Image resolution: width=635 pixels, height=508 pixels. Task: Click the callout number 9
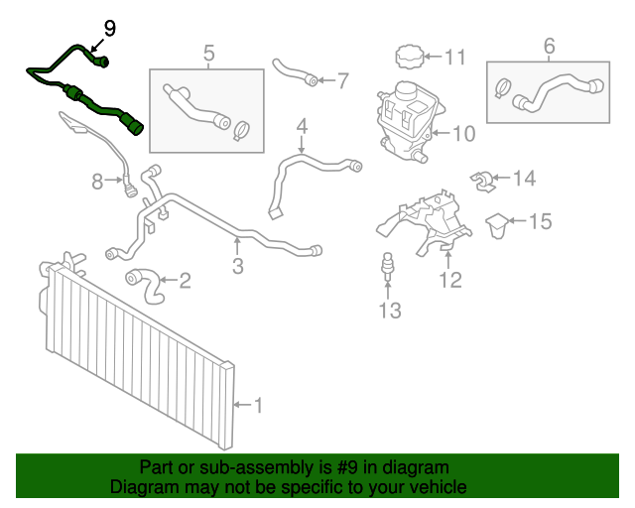click(109, 28)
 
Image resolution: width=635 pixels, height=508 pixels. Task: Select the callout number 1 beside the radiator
click(258, 405)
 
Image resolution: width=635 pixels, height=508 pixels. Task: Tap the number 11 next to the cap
click(454, 57)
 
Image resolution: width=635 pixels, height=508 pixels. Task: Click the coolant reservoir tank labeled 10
click(401, 119)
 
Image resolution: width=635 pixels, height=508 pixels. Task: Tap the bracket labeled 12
click(422, 223)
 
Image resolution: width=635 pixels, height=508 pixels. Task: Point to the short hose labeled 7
click(296, 72)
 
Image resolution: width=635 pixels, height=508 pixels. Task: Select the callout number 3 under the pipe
click(238, 266)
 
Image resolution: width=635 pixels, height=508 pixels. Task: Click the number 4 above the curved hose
click(302, 127)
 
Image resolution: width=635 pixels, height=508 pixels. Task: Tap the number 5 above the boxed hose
click(208, 52)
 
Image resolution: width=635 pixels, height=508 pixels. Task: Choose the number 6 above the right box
click(549, 45)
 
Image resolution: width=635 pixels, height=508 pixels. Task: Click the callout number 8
click(97, 181)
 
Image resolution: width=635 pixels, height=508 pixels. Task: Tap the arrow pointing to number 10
click(436, 131)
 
